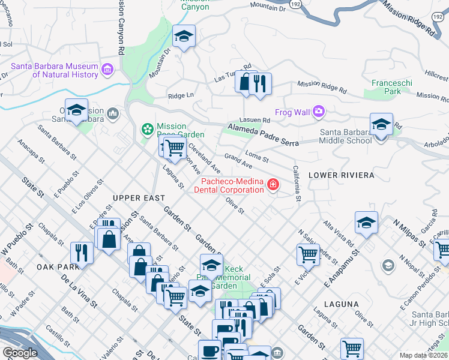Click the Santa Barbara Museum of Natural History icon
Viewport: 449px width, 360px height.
click(108, 70)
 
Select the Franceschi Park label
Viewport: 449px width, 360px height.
click(386, 87)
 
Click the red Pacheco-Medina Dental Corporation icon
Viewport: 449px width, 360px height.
click(273, 184)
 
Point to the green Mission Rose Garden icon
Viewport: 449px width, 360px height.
click(147, 129)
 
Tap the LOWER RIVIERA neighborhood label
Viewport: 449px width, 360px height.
click(341, 175)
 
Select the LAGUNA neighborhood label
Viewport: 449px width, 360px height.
click(341, 304)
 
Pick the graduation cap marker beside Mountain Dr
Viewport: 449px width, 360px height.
click(184, 37)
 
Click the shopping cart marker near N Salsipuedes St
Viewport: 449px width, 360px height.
click(308, 254)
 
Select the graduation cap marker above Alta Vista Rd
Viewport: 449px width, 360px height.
click(366, 222)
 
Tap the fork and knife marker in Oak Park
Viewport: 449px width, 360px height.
click(82, 253)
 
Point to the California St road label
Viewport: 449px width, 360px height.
click(297, 183)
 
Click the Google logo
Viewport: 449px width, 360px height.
click(20, 353)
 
